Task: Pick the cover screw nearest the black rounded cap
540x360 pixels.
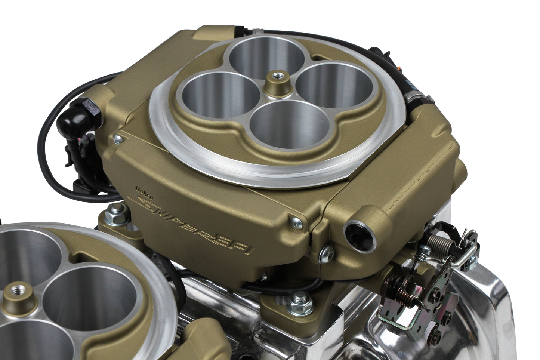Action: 118,139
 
